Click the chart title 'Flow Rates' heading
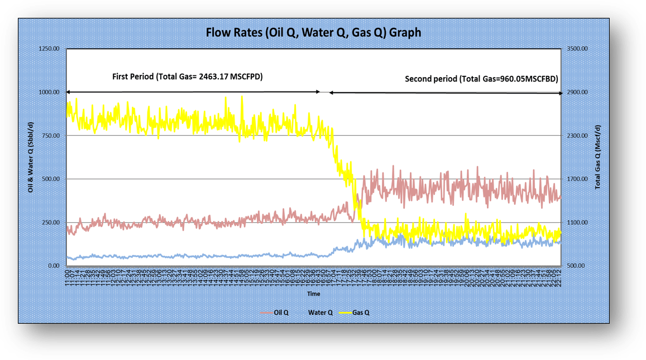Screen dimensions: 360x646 click(x=313, y=32)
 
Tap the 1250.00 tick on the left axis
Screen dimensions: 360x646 click(x=49, y=49)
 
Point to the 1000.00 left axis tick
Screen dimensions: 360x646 click(x=49, y=92)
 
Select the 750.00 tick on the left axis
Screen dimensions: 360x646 click(x=51, y=136)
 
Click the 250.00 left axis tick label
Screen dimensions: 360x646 click(x=51, y=223)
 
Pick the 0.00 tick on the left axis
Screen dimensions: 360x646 click(x=54, y=266)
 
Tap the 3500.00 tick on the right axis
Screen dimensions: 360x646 click(x=577, y=49)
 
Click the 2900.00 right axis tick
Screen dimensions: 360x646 click(x=577, y=92)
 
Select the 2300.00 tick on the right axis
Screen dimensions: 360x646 click(x=577, y=136)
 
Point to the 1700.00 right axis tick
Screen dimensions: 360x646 click(x=577, y=179)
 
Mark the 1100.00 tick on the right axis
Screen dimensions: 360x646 click(x=577, y=223)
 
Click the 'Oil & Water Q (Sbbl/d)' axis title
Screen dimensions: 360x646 click(x=31, y=157)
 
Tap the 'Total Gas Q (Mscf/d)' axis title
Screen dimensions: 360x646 click(x=597, y=157)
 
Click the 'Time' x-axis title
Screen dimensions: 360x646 click(x=313, y=293)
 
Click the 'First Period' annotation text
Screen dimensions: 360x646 click(x=187, y=76)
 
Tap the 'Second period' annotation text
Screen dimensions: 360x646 click(x=481, y=79)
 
